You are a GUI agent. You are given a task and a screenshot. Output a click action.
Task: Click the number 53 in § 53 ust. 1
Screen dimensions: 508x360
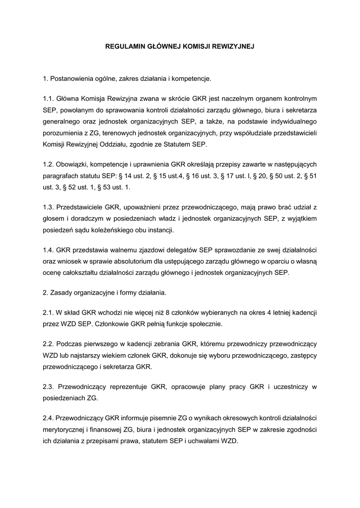click(109, 188)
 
